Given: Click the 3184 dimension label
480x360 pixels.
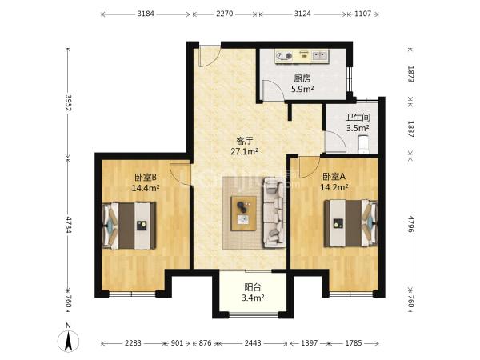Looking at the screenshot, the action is click(146, 14).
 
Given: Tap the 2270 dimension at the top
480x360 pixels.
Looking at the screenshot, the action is click(224, 14).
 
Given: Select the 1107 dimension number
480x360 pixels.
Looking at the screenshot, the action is click(362, 14).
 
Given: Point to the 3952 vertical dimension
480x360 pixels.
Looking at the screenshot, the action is click(68, 103).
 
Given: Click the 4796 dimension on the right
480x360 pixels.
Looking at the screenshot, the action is click(410, 224).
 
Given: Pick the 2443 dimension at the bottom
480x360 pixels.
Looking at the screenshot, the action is click(253, 343).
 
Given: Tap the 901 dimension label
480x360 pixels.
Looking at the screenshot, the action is click(177, 343).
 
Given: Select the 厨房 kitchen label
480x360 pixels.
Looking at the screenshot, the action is click(302, 78).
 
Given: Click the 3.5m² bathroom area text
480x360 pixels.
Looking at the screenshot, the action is click(358, 128).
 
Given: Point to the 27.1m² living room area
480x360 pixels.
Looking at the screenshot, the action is click(244, 151).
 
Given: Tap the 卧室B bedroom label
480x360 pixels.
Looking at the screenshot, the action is click(146, 178).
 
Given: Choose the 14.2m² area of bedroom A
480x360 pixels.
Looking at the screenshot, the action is click(334, 187).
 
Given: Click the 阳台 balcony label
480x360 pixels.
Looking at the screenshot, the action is click(253, 287).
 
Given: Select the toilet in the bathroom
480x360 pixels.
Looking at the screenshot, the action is click(364, 144).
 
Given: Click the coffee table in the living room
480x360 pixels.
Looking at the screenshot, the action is click(244, 214).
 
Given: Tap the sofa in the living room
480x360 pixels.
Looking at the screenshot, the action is click(274, 213).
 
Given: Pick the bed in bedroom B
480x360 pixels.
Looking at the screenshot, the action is click(130, 226).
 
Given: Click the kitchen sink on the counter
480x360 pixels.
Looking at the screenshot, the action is click(319, 55).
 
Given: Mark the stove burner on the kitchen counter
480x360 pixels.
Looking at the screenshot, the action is click(284, 56).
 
